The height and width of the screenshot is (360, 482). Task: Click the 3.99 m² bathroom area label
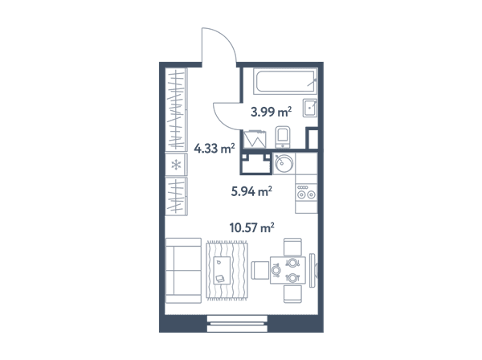[271, 112]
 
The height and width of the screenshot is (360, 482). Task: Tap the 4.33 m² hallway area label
[214, 149]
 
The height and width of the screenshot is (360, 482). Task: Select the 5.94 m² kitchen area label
[251, 191]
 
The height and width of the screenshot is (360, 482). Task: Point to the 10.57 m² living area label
[251, 227]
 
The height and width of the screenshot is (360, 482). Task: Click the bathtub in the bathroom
[285, 81]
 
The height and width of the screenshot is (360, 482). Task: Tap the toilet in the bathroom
[283, 137]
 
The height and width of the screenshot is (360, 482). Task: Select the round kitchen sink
[284, 164]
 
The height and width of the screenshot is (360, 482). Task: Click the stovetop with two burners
[306, 192]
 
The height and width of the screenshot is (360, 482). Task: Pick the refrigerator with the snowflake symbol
[176, 165]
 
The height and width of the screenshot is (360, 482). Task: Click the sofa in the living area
[183, 271]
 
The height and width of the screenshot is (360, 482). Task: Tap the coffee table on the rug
[222, 270]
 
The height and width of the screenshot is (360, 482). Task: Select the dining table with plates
[288, 270]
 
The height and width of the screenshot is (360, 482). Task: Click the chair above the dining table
[292, 247]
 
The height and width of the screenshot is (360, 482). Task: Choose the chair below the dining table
[292, 293]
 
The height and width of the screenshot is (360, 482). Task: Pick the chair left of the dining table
[260, 270]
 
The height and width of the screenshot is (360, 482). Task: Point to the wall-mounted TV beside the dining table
[312, 271]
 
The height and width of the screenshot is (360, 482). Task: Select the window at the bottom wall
[237, 323]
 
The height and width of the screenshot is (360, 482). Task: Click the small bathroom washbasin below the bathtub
[310, 108]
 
